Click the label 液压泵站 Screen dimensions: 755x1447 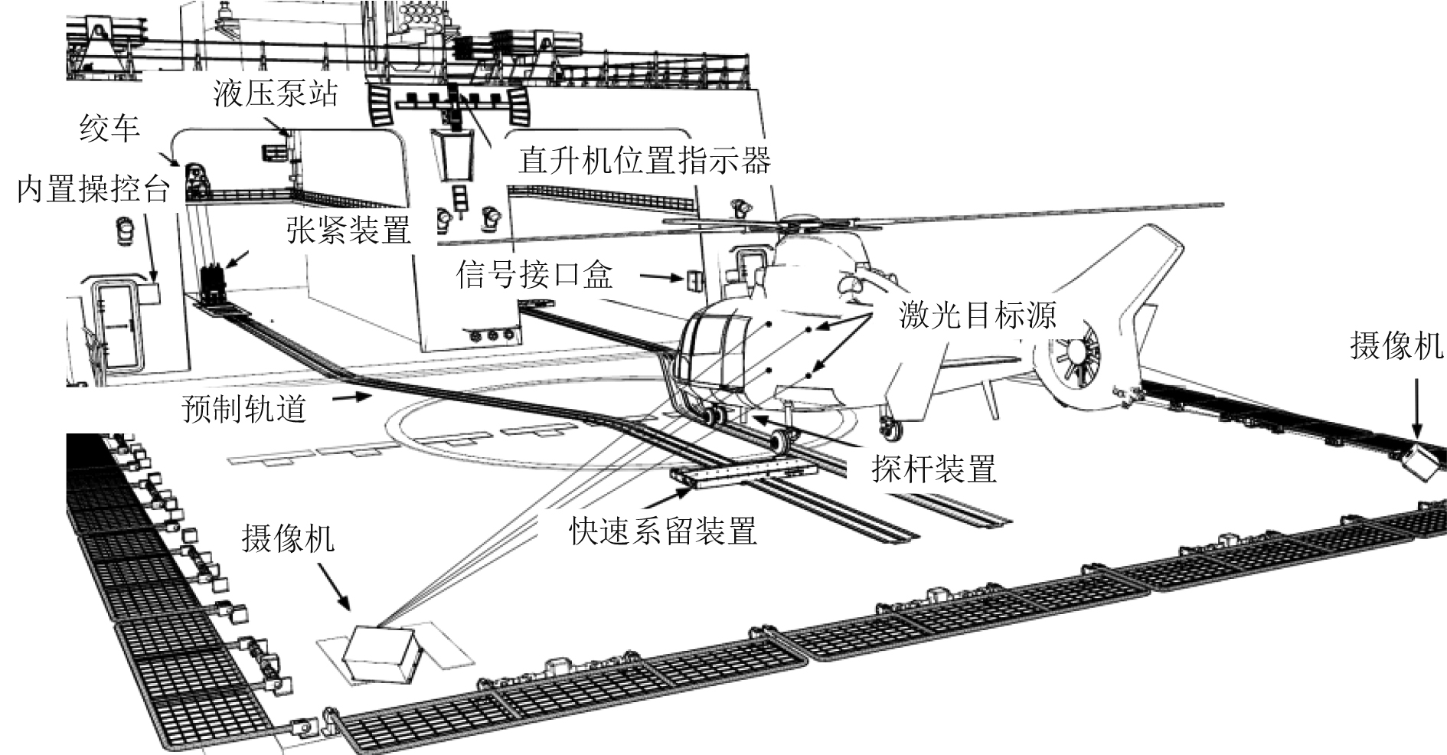tap(274, 94)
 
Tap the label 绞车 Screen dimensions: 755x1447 tap(109, 129)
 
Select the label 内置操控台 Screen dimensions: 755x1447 tap(93, 188)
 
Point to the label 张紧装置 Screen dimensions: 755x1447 tap(348, 229)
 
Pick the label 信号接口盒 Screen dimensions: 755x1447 tap(534, 274)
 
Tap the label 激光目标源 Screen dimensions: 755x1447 tap(977, 314)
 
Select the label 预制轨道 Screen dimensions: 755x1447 tap(244, 408)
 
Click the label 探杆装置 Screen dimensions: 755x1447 tap(934, 468)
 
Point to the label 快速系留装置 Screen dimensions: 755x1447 tap(663, 530)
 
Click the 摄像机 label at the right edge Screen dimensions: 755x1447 tap(1396, 345)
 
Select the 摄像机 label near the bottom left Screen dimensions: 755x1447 tap(288, 538)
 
